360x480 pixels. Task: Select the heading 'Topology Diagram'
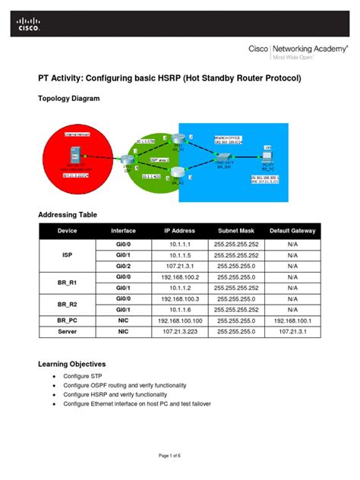tap(68, 99)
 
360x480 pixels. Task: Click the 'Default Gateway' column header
tap(292, 230)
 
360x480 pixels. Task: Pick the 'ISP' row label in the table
tap(67, 256)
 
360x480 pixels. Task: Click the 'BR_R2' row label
tap(67, 305)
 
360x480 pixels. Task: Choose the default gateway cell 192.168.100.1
tap(292, 321)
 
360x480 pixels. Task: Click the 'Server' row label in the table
tap(67, 331)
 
